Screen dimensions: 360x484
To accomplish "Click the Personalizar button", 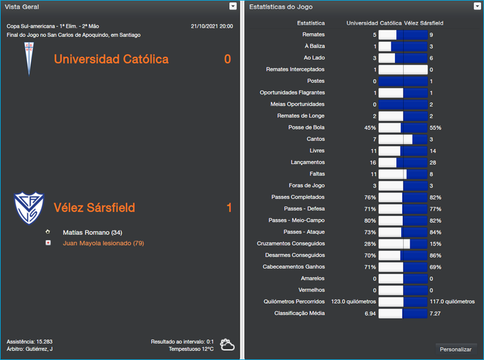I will (x=456, y=349).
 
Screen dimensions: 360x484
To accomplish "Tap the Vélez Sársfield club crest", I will (x=28, y=208).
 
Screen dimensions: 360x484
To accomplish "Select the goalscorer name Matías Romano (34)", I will (x=93, y=232).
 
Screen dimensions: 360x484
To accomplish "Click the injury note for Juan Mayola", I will (x=103, y=243).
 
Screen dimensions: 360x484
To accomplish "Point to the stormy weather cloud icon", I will (x=227, y=345).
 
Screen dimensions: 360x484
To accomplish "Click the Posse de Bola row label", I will (x=307, y=128).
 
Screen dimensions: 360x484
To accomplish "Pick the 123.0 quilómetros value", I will (x=353, y=301).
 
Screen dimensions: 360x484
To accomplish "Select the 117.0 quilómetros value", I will (x=452, y=301).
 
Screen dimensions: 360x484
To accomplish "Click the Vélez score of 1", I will (x=229, y=208).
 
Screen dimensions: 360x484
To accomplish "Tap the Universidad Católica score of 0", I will (x=227, y=59).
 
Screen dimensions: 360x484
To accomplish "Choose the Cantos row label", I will (x=316, y=139).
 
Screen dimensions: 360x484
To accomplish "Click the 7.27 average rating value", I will (x=435, y=313).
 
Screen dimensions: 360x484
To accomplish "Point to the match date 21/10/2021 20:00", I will (x=211, y=26).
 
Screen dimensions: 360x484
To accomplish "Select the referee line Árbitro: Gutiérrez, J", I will (x=30, y=349).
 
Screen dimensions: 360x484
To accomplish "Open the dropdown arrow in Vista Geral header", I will (x=233, y=6).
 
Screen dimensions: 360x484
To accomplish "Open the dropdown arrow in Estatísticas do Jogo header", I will (x=478, y=6).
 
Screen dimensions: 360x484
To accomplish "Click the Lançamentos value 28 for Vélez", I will (x=433, y=162).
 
